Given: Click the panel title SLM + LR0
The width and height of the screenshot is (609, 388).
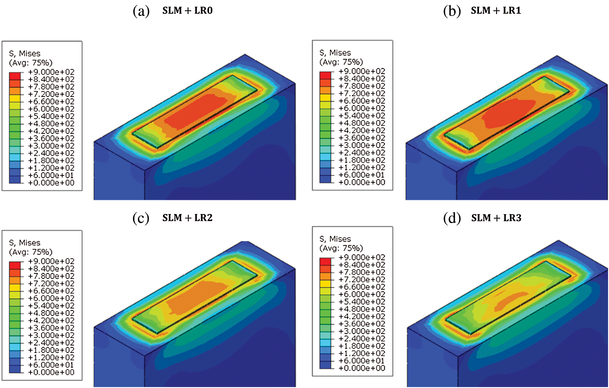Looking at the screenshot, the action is (187, 10).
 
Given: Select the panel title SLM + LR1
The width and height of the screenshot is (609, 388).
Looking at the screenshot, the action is (496, 10).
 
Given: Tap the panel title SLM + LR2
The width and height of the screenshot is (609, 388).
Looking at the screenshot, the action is (187, 217).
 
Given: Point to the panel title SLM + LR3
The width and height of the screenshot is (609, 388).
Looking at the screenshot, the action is (496, 217).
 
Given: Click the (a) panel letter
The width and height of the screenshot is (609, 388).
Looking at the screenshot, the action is (141, 11).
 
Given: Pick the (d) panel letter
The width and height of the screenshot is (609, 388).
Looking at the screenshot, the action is (452, 218).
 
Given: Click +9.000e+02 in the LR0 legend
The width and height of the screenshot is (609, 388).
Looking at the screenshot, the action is (51, 72).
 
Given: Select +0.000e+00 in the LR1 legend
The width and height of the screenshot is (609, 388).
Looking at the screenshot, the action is (362, 182).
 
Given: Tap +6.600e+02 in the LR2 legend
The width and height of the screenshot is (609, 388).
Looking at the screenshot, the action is (51, 291).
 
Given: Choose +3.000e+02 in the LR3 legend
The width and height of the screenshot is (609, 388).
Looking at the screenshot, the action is (362, 331).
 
